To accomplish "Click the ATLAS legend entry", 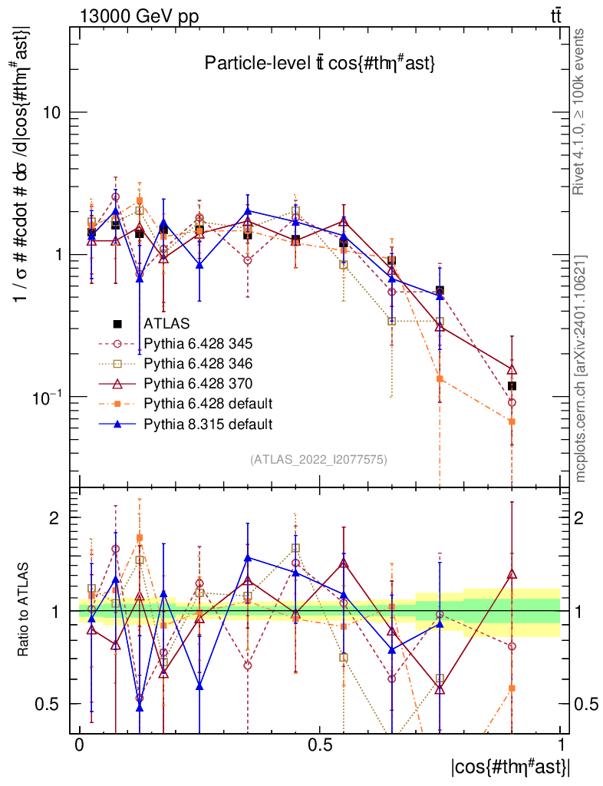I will tap(165, 323).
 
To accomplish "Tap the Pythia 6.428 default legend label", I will tap(208, 403).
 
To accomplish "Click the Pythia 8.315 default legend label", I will tap(208, 423).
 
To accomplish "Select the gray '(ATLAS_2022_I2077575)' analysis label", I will tap(318, 460).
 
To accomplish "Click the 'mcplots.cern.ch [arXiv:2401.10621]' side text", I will tap(582, 369).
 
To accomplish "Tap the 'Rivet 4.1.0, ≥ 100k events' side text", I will tap(582, 112).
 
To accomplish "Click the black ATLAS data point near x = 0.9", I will tap(512, 385).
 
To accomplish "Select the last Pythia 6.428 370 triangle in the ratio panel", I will tap(512, 573).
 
